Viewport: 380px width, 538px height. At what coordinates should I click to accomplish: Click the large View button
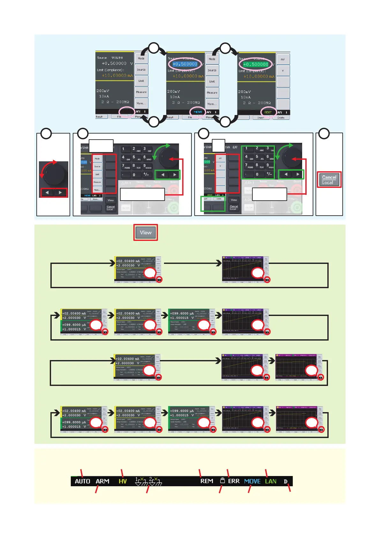click(145, 233)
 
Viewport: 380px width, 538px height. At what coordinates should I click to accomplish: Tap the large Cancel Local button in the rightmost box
click(329, 180)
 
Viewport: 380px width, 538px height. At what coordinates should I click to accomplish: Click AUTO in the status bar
click(82, 481)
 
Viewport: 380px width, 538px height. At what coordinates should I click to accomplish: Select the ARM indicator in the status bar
click(102, 481)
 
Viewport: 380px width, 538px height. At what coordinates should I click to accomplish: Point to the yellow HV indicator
click(123, 481)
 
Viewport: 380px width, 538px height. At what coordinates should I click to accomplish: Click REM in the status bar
click(206, 481)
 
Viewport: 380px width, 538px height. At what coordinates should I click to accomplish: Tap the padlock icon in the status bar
click(222, 480)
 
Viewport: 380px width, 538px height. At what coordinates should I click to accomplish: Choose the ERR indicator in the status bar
click(234, 481)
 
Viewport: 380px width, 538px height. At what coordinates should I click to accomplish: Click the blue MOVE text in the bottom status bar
click(252, 481)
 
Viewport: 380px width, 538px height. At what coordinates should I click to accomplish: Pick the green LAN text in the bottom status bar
click(271, 481)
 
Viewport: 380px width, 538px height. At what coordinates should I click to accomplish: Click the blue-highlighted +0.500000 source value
click(185, 64)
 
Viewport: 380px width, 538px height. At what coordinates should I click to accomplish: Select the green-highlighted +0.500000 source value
click(256, 64)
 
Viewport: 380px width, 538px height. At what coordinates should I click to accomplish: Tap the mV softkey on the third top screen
click(283, 59)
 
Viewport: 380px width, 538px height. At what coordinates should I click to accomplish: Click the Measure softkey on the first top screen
click(141, 92)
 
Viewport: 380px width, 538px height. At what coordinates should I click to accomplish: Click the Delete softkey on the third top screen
click(281, 118)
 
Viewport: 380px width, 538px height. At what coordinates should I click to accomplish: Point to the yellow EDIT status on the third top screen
click(268, 112)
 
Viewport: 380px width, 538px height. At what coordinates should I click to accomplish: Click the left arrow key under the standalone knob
click(47, 193)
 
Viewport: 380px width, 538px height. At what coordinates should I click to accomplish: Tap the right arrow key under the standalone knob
click(60, 193)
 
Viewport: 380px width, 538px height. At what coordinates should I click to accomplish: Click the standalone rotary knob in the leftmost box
click(54, 174)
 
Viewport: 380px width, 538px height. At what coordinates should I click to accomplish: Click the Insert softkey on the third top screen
click(261, 118)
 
